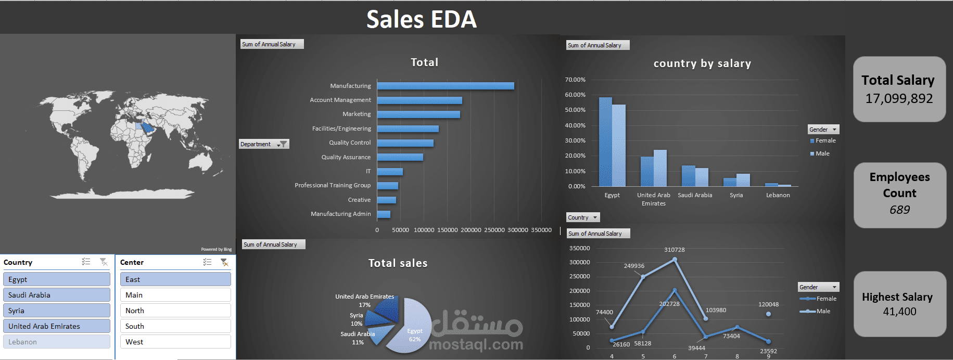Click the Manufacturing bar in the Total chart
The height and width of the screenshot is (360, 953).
(445, 86)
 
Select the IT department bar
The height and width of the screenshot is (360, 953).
(390, 172)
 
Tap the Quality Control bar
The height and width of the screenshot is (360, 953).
(405, 143)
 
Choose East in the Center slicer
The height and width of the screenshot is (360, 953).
(175, 279)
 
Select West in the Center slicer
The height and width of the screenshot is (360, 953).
(175, 342)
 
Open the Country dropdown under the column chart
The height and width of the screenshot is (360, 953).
(595, 217)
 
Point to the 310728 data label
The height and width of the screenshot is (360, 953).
(675, 250)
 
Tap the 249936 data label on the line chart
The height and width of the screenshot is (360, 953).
(634, 266)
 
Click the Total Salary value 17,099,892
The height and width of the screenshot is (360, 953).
(899, 98)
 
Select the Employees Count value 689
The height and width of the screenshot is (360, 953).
(899, 210)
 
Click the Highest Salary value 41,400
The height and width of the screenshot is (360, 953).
(899, 312)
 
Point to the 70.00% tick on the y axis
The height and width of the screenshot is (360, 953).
(575, 80)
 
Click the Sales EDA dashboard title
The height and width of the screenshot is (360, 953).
(422, 19)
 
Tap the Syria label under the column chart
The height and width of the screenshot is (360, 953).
(736, 195)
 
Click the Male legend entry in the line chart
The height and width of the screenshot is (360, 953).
(823, 311)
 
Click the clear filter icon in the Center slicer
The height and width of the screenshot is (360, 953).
(224, 262)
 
